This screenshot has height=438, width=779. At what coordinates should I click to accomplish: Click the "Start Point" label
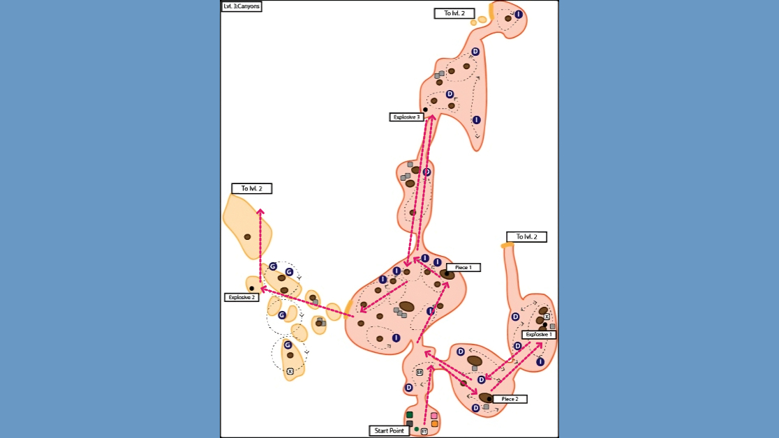389,431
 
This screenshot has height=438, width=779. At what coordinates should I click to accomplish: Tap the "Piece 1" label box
463,267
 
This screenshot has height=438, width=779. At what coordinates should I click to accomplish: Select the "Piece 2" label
510,399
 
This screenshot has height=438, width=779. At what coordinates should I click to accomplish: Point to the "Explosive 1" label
539,335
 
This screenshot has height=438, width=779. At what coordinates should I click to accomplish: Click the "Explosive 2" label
242,297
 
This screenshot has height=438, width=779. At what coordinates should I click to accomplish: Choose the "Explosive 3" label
407,117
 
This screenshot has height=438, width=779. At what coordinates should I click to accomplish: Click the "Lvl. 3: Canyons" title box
242,6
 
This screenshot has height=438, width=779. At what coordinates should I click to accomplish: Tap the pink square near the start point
434,416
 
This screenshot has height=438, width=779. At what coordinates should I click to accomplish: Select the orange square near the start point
434,423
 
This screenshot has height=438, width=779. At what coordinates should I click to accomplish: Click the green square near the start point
410,416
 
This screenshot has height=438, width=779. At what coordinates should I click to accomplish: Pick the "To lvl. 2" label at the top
454,13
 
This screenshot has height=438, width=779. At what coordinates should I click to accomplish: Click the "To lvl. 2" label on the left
251,188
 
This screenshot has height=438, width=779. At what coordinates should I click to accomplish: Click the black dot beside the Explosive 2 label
252,288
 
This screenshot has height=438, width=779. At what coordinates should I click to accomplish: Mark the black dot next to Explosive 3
425,109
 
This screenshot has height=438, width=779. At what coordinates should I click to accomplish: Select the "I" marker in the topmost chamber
519,15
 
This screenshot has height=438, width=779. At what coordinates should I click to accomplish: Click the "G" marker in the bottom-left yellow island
288,345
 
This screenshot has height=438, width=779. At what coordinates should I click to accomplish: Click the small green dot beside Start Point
417,429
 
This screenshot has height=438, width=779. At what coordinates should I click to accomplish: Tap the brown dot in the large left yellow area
247,237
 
